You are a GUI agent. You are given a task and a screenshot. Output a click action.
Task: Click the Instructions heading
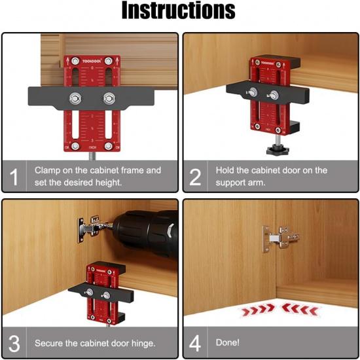(x=179, y=11)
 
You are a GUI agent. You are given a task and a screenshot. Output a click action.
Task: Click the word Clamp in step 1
(x=47, y=170)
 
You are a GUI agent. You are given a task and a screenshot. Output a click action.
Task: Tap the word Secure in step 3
(x=50, y=342)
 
